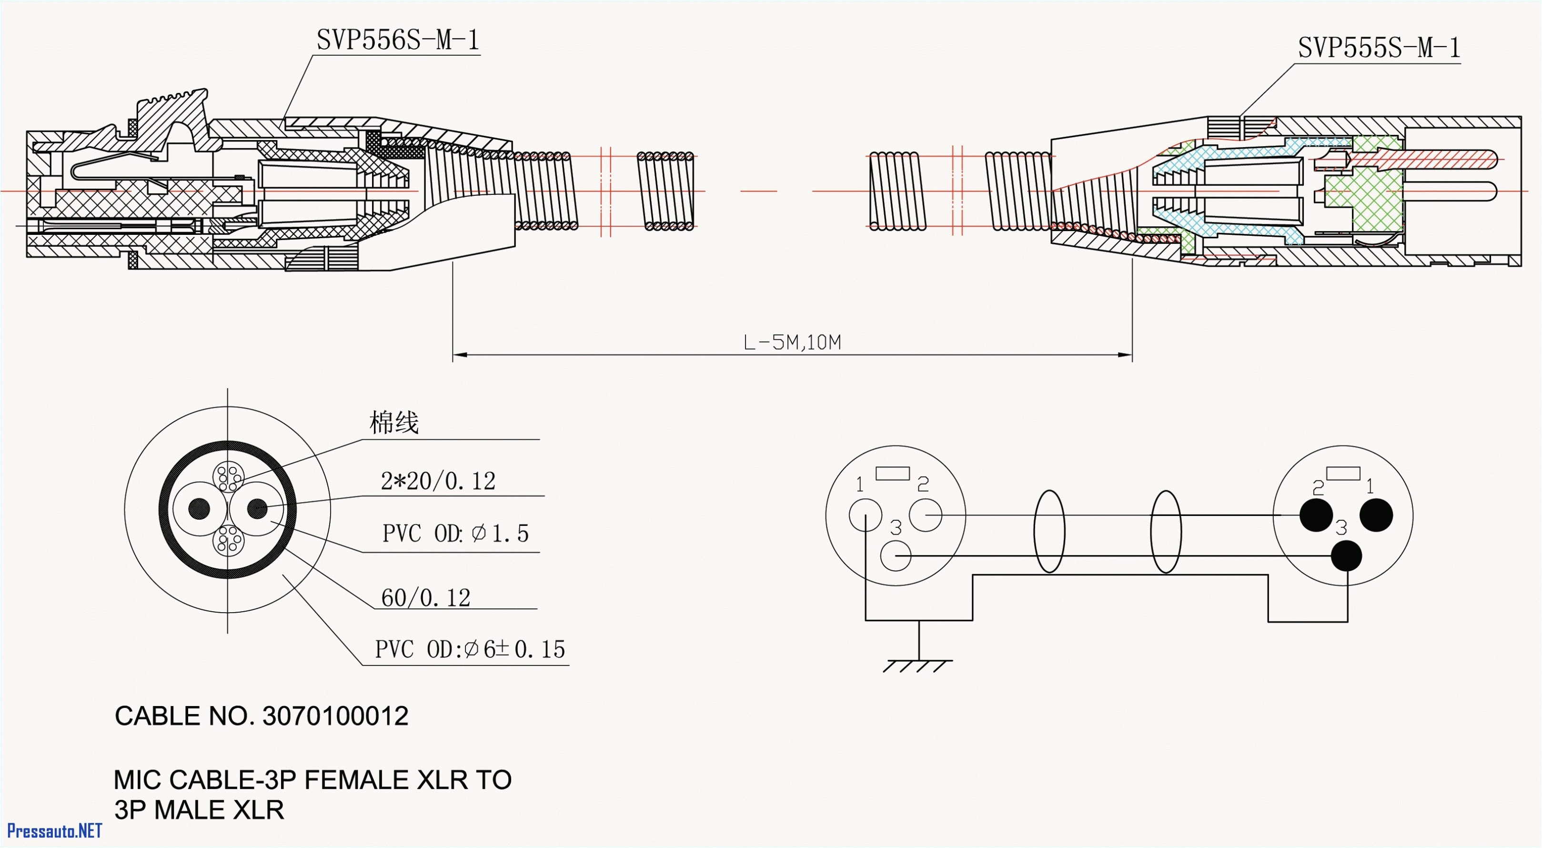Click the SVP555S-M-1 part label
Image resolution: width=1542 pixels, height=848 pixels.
click(x=1379, y=48)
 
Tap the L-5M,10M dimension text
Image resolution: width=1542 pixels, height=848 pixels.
click(x=791, y=343)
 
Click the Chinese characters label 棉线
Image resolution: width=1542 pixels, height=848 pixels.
click(x=394, y=423)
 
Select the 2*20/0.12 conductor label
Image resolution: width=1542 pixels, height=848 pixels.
click(x=438, y=481)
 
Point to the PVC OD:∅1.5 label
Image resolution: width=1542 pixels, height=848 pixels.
click(x=455, y=533)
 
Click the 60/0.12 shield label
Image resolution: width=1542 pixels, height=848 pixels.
click(x=425, y=598)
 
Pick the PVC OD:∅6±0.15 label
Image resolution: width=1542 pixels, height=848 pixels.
click(x=470, y=649)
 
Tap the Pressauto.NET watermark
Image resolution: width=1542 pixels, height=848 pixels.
click(x=54, y=831)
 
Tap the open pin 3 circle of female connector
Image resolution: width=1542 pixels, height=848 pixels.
click(x=896, y=556)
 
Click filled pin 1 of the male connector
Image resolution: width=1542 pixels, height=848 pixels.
click(x=1376, y=515)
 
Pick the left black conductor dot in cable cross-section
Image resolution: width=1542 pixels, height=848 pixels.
click(x=199, y=509)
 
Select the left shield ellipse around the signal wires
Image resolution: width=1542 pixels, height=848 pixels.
click(x=1049, y=531)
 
